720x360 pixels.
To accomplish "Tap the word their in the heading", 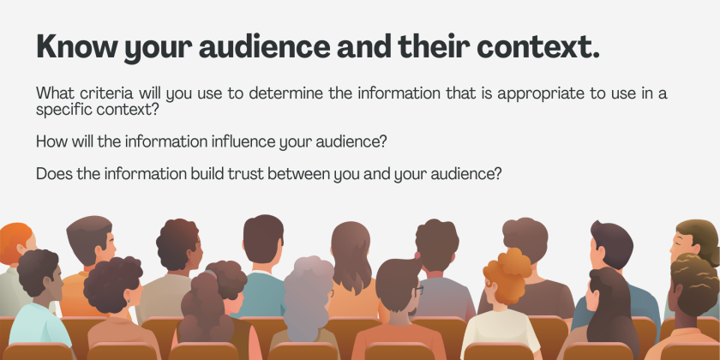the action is click(x=432, y=46).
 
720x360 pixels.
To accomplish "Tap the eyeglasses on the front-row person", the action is click(x=418, y=291).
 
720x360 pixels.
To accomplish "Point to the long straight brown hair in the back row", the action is click(x=351, y=258).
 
